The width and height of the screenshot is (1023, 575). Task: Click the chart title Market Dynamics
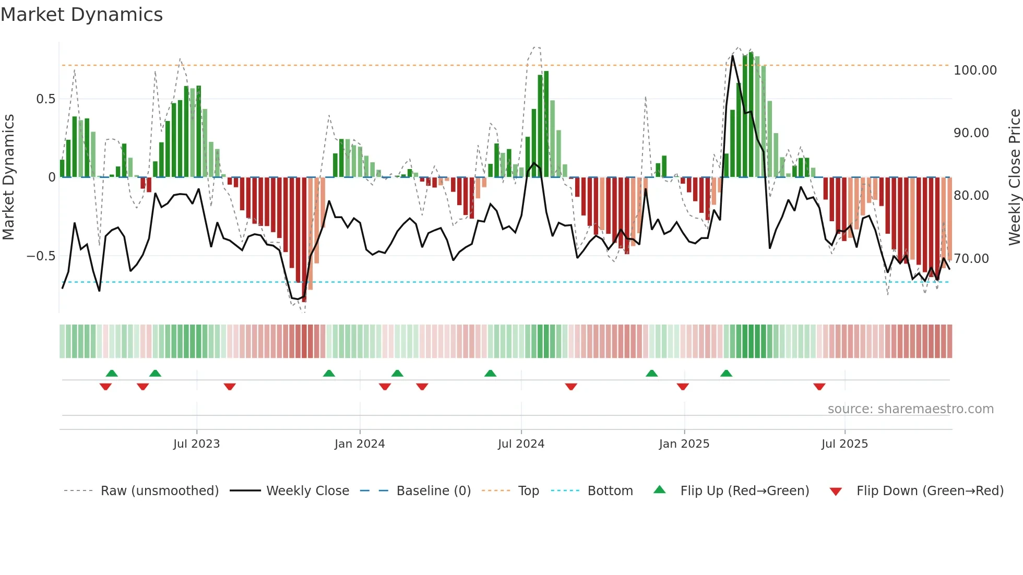(81, 15)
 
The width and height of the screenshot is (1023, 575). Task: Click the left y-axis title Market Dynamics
(9, 177)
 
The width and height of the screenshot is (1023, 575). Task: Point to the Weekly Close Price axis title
(1014, 177)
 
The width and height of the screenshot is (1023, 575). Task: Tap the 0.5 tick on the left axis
(45, 99)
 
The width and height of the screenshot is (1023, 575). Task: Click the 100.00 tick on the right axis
(974, 70)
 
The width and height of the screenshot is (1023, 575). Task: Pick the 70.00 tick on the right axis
(971, 259)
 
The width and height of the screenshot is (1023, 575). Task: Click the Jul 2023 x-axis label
(196, 444)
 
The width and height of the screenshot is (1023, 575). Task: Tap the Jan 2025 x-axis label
(684, 444)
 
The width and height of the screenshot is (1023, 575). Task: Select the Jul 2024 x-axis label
(521, 444)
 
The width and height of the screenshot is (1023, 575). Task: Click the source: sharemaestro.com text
(910, 409)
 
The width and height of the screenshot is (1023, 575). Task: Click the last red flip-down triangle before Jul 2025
(819, 387)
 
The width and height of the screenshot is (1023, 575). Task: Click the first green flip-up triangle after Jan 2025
(726, 373)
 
